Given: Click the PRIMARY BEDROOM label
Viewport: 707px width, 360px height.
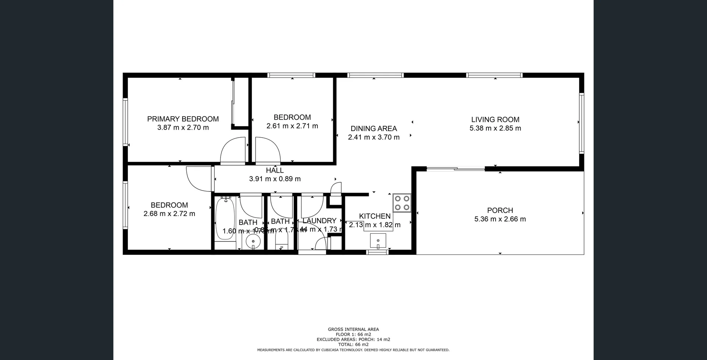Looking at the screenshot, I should click(x=183, y=119).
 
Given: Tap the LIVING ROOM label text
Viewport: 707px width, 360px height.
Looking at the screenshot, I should click(x=495, y=120).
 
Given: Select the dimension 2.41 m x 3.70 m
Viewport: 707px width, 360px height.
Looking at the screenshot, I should click(x=373, y=137).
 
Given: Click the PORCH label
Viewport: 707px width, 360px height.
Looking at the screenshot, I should click(x=500, y=211).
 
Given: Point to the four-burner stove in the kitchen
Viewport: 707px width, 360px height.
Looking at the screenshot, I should click(x=401, y=202).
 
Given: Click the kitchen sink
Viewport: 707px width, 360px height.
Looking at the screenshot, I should click(x=378, y=241).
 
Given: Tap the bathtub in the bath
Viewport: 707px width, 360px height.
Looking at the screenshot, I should click(x=225, y=219).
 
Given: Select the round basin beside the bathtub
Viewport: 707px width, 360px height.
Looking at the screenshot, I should click(x=253, y=242).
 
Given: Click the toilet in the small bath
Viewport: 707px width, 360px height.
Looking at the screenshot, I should click(x=282, y=242).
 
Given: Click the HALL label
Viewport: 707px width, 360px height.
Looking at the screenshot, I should click(x=275, y=170).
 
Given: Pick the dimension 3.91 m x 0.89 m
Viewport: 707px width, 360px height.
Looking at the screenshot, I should click(x=275, y=179).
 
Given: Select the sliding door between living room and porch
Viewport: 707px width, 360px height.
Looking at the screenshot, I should click(x=455, y=169).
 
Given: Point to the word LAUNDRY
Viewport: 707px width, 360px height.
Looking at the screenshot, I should click(x=319, y=221).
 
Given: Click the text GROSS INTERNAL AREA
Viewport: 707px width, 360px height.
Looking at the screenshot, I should click(x=353, y=329).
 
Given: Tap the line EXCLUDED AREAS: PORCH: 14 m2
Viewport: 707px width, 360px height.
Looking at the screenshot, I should click(x=353, y=339).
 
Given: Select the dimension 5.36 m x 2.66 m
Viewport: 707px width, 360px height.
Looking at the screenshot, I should click(x=500, y=219).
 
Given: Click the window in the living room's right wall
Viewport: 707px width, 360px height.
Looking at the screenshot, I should click(x=581, y=123).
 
